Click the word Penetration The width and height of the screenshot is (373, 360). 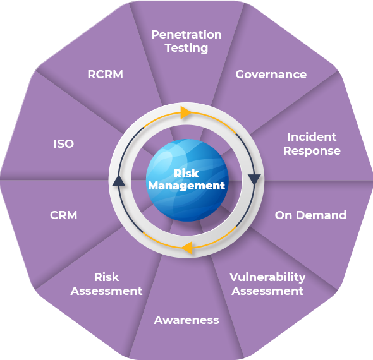pyautogui.click(x=186, y=35)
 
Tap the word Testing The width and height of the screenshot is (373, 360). pyautogui.click(x=186, y=48)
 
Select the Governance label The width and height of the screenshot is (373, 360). pyautogui.click(x=271, y=75)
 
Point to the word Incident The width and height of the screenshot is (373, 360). pyautogui.click(x=312, y=137)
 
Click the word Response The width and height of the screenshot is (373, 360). pyautogui.click(x=312, y=151)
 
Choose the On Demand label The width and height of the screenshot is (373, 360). pyautogui.click(x=310, y=215)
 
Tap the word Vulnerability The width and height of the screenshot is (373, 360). pyautogui.click(x=267, y=277)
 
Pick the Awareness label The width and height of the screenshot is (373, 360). pyautogui.click(x=186, y=320)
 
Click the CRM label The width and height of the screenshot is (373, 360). pyautogui.click(x=63, y=215)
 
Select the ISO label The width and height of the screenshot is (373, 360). pyautogui.click(x=64, y=144)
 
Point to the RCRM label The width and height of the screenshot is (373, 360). pyautogui.click(x=106, y=75)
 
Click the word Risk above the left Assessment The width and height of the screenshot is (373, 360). pyautogui.click(x=107, y=277)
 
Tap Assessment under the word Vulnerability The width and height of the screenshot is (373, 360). pyautogui.click(x=267, y=291)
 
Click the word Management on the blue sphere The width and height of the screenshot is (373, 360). pyautogui.click(x=186, y=186)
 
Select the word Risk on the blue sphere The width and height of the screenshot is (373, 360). pyautogui.click(x=186, y=174)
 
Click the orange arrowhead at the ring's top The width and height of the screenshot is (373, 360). pyautogui.click(x=185, y=112)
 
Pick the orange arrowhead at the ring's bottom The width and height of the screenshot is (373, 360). pyautogui.click(x=188, y=248)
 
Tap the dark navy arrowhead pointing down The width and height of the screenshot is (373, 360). pyautogui.click(x=254, y=179)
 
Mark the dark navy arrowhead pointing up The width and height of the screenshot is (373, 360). pyautogui.click(x=119, y=181)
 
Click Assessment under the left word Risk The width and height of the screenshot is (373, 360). pyautogui.click(x=107, y=291)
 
